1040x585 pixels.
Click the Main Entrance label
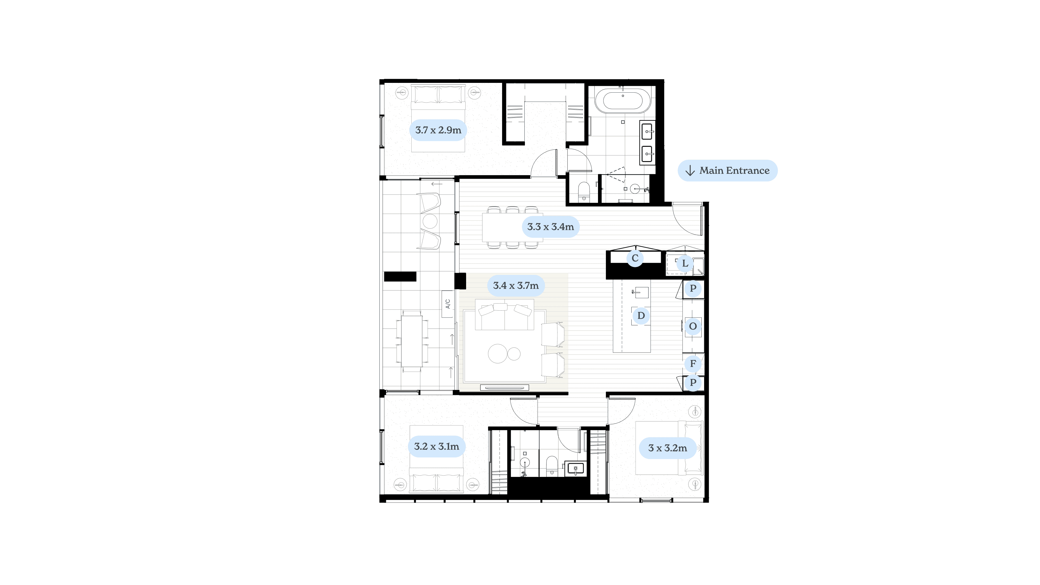click(727, 170)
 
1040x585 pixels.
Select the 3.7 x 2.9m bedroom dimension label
click(438, 130)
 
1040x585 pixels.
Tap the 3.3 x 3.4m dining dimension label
click(550, 227)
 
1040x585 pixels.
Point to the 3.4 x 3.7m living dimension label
click(516, 286)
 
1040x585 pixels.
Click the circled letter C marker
click(635, 258)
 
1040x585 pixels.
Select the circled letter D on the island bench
click(641, 315)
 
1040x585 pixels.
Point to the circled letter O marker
click(693, 326)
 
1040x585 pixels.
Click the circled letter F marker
click(693, 364)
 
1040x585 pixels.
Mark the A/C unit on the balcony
click(447, 304)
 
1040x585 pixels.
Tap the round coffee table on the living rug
click(498, 354)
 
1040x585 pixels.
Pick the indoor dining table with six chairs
click(513, 227)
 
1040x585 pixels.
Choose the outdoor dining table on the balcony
click(412, 341)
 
